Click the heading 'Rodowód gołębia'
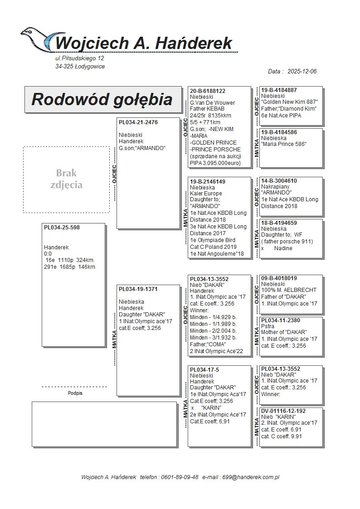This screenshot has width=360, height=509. (x=102, y=99)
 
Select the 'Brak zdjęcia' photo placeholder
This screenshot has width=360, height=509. (x=66, y=179)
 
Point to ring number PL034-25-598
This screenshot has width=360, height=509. (x=62, y=228)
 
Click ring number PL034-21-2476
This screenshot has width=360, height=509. (x=138, y=122)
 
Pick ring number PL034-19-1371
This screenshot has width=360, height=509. (x=138, y=289)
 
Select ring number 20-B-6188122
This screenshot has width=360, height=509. (x=208, y=91)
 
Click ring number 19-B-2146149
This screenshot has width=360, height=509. (x=208, y=181)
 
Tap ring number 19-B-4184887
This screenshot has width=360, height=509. (x=279, y=90)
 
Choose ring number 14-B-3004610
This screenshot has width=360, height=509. (x=279, y=181)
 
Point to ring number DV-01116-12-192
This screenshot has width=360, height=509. (x=283, y=411)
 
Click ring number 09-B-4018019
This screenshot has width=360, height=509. (x=279, y=278)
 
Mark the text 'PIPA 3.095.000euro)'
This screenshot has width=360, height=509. (x=215, y=162)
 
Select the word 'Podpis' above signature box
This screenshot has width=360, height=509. (x=75, y=393)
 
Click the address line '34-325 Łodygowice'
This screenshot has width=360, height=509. (x=80, y=67)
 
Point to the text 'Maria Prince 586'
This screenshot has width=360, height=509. (x=284, y=144)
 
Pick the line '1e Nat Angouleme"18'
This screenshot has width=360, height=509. (x=217, y=254)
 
